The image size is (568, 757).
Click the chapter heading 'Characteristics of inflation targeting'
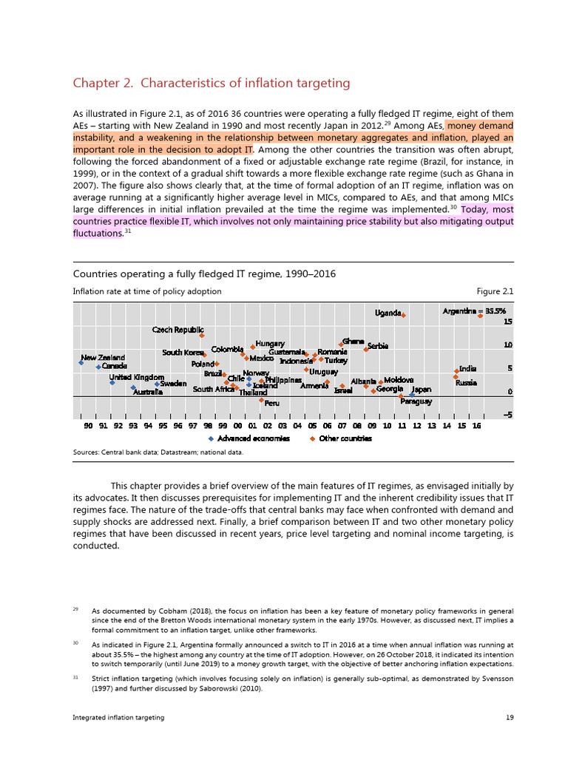[x=211, y=83]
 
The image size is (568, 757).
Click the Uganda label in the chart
[x=388, y=313]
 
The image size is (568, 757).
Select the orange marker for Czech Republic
[x=202, y=336]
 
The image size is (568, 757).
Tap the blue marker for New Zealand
[x=82, y=362]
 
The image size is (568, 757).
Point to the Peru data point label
[x=271, y=403]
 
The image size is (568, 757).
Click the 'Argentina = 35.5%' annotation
[x=473, y=310]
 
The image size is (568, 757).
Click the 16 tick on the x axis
[x=476, y=426]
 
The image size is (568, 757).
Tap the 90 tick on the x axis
[x=88, y=426]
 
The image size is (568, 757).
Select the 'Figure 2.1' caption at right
[x=496, y=291]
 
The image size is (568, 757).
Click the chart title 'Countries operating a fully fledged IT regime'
[x=204, y=274]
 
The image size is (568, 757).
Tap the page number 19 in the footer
[x=509, y=717]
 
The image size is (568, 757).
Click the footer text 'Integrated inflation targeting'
[x=118, y=717]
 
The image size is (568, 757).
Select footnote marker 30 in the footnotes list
[x=75, y=643]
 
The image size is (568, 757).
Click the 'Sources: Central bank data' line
[x=158, y=452]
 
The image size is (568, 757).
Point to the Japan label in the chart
[x=421, y=389]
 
